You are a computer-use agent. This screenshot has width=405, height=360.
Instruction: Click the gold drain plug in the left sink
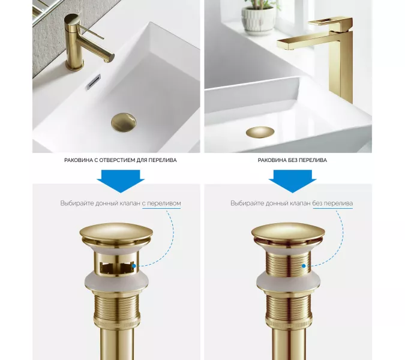coord(124,122)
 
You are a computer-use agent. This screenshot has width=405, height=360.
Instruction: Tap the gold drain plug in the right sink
coord(260,132)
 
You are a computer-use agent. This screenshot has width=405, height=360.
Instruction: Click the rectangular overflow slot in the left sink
coord(94,82)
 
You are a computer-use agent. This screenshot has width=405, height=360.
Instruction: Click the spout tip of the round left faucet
coord(110,58)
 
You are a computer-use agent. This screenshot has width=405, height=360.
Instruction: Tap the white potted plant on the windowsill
coord(258,20)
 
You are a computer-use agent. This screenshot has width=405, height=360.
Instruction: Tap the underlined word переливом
coord(161,203)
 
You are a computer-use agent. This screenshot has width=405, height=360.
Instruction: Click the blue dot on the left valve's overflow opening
coord(134,266)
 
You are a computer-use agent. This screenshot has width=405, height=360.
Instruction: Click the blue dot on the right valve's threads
coord(304,266)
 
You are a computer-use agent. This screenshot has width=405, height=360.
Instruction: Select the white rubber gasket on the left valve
coord(116,281)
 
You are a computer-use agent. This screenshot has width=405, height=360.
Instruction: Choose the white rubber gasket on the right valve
coord(289,281)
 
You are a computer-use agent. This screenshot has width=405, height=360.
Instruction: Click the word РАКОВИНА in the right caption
coord(271,160)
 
